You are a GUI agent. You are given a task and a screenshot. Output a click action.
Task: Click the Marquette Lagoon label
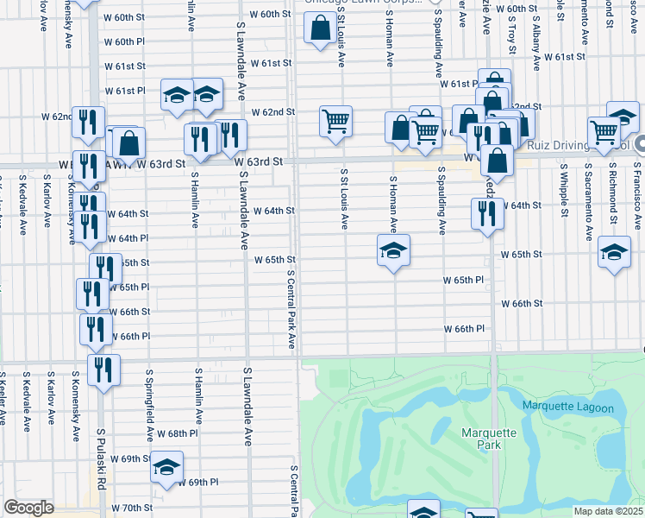(568, 407)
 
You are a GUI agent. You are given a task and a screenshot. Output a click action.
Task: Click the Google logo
(28, 508)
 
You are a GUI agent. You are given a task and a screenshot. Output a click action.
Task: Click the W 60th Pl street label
(126, 41)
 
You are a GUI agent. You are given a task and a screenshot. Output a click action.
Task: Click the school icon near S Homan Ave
(393, 251)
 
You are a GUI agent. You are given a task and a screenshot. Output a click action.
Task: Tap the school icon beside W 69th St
(166, 467)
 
